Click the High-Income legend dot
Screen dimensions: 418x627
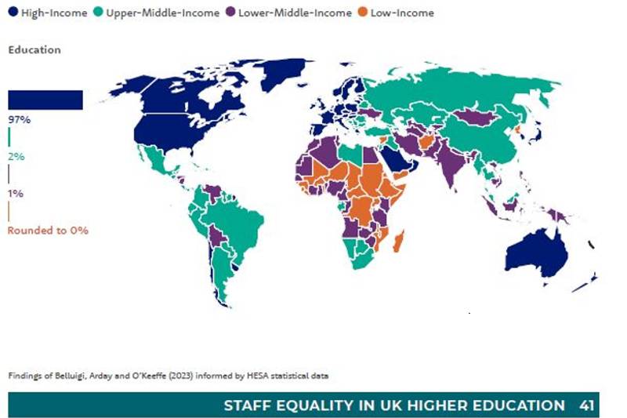[13, 13]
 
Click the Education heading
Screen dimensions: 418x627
[34, 49]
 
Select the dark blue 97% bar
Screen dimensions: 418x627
[45, 100]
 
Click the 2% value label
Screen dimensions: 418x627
[16, 156]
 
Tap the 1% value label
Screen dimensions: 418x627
[16, 193]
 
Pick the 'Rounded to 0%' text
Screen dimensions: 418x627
[48, 231]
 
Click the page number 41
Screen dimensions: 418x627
[587, 405]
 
